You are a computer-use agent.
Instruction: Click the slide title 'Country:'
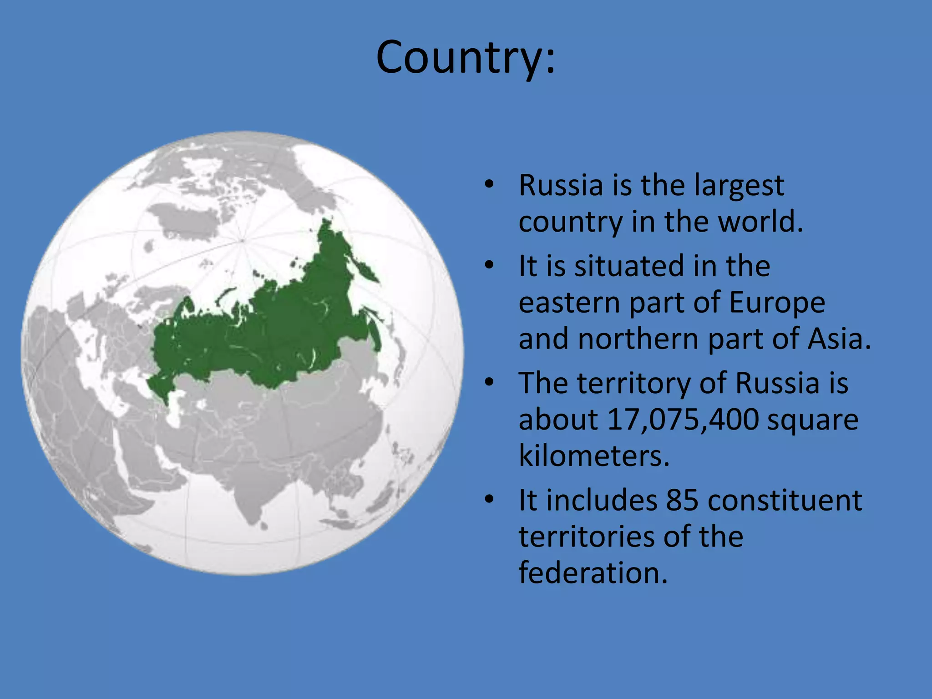(466, 57)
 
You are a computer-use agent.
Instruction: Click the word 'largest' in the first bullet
(739, 186)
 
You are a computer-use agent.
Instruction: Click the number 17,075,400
(683, 419)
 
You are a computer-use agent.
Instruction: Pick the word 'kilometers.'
(594, 456)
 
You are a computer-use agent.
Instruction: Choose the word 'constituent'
(785, 500)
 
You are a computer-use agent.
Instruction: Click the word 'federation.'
(593, 572)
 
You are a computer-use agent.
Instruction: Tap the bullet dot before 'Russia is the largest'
(489, 185)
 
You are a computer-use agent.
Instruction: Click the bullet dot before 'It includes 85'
(489, 500)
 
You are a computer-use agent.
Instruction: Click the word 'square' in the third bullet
(812, 419)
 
